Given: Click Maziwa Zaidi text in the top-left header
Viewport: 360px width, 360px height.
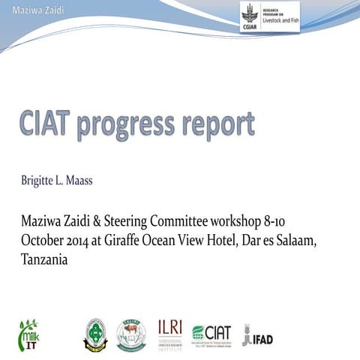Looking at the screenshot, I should [x=26, y=8].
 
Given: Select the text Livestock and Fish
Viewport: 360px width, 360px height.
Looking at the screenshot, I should [x=278, y=23].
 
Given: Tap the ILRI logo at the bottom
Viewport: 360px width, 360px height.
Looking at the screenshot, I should [x=169, y=333].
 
